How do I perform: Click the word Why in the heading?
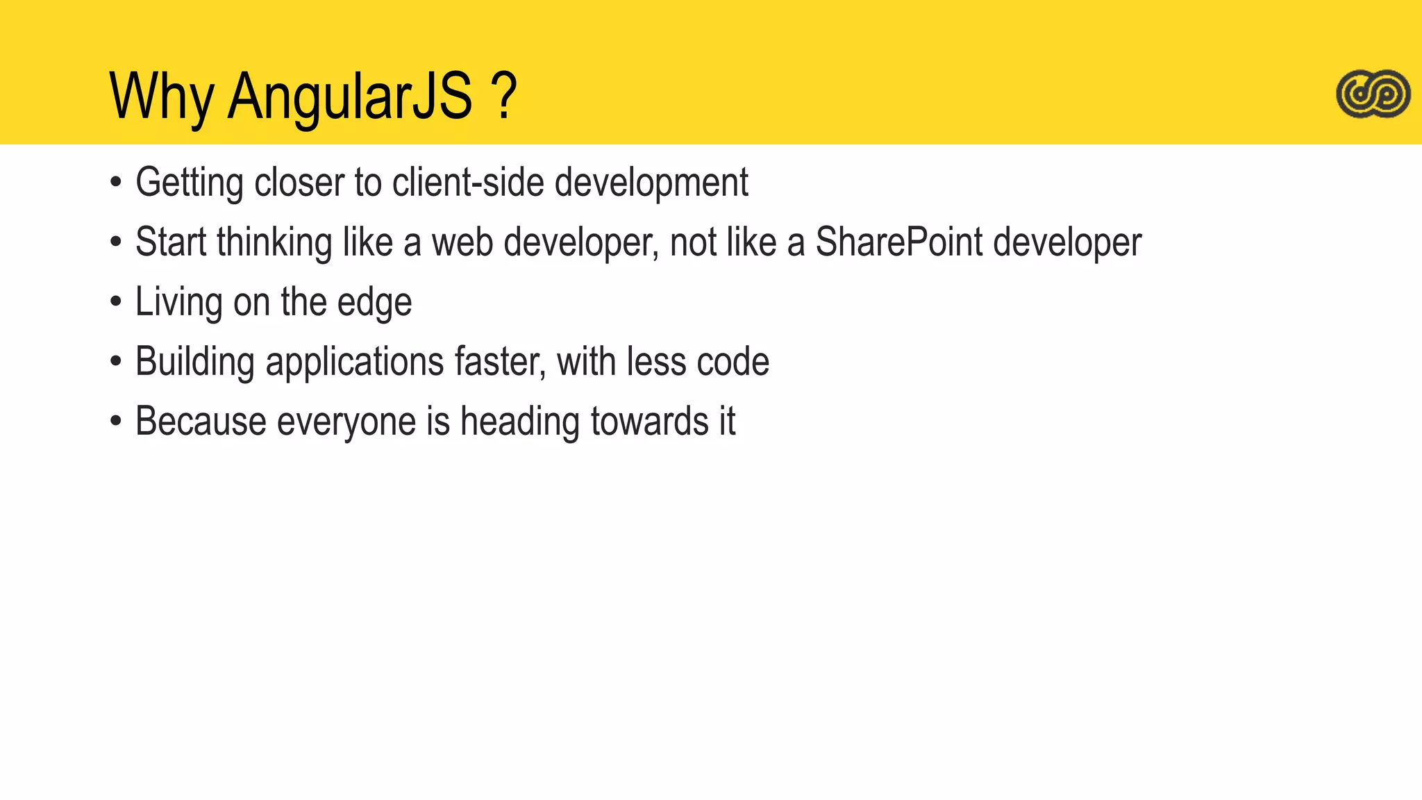coord(161,97)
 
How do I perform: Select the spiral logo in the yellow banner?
coord(1373,94)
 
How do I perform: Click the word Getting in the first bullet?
coord(190,183)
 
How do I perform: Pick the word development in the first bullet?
coord(651,183)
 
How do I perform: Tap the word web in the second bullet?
coord(462,242)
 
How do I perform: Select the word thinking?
coord(274,243)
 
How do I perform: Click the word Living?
coord(178,303)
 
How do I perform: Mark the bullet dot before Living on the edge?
coord(116,302)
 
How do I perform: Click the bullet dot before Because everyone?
coord(116,422)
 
